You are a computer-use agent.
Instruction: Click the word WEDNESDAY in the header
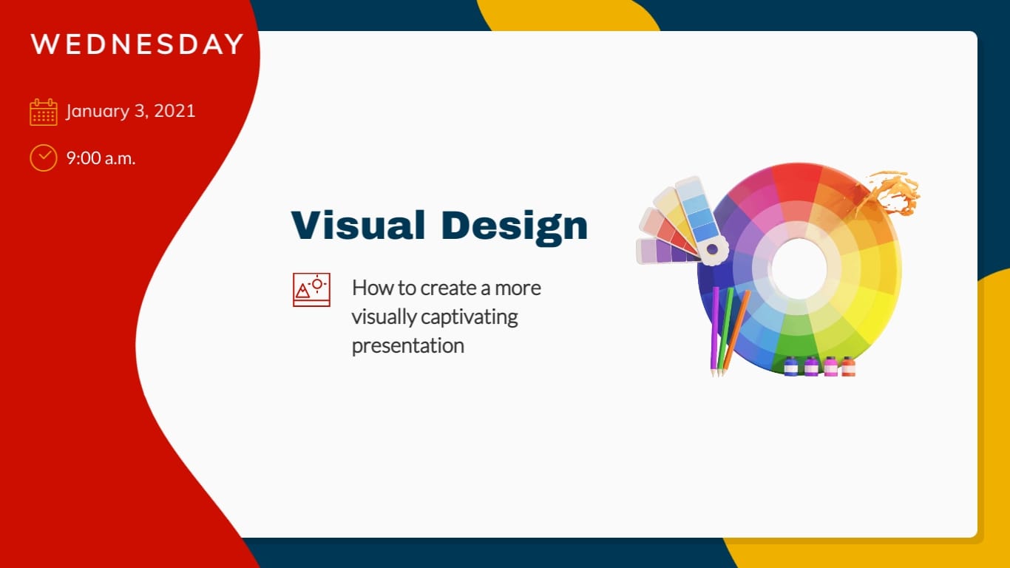137,44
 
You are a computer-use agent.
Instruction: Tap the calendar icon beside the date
43,112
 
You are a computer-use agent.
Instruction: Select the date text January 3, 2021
130,112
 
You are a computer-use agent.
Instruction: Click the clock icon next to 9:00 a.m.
43,158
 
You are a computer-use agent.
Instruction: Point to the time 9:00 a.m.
101,158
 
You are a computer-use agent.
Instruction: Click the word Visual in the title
358,225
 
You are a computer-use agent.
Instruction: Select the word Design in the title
514,225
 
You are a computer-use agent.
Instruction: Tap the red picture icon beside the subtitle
311,289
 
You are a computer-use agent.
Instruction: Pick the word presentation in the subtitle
407,345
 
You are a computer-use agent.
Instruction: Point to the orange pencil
737,329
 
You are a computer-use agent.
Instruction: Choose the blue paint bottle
791,366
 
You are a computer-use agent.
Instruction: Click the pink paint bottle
830,366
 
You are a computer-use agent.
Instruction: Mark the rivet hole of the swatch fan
712,250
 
